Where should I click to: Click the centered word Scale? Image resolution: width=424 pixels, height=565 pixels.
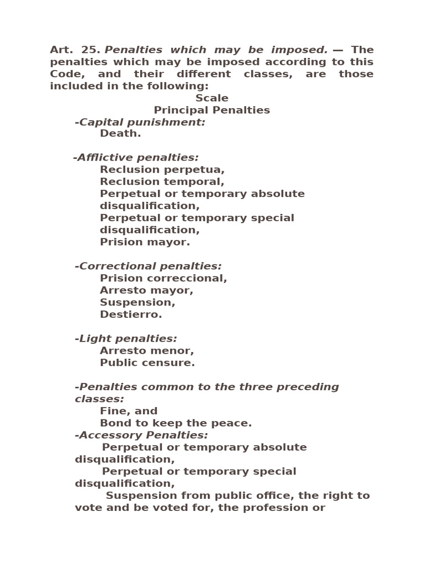pyautogui.click(x=211, y=98)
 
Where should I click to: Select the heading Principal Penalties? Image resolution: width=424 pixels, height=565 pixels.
pyautogui.click(x=211, y=110)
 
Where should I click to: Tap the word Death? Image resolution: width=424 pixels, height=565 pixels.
pyautogui.click(x=120, y=134)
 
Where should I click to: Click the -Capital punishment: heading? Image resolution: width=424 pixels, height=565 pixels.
pyautogui.click(x=140, y=122)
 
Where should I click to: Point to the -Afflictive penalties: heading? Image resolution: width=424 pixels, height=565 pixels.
pyautogui.click(x=136, y=158)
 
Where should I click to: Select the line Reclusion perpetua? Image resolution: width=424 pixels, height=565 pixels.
pyautogui.click(x=162, y=170)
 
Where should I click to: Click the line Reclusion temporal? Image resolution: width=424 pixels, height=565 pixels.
pyautogui.click(x=162, y=182)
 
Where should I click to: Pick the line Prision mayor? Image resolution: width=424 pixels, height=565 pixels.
pyautogui.click(x=145, y=242)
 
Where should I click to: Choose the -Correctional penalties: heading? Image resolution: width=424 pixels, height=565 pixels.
pyautogui.click(x=148, y=266)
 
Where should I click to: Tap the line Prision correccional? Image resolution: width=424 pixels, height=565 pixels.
pyautogui.click(x=163, y=279)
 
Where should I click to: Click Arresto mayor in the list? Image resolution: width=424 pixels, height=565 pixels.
pyautogui.click(x=146, y=290)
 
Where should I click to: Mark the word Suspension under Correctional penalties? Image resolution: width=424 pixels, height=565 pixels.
pyautogui.click(x=137, y=302)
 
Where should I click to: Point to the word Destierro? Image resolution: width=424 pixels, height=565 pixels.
pyautogui.click(x=131, y=315)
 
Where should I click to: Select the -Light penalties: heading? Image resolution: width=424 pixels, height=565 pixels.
pyautogui.click(x=126, y=339)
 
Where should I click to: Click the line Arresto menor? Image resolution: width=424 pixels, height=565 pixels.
pyautogui.click(x=147, y=351)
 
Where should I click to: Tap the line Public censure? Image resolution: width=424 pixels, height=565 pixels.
pyautogui.click(x=147, y=363)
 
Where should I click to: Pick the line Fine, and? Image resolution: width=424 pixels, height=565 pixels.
pyautogui.click(x=129, y=411)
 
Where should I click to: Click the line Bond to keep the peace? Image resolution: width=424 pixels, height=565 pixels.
pyautogui.click(x=176, y=423)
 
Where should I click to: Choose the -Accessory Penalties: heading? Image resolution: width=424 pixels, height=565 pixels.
pyautogui.click(x=141, y=435)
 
